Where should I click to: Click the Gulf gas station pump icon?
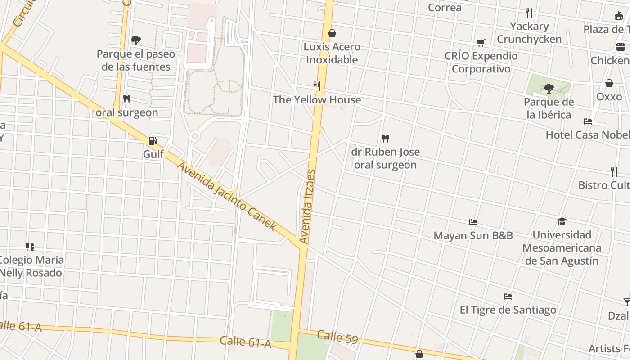153,141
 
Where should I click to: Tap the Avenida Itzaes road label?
308,207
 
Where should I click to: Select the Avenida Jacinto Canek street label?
226,196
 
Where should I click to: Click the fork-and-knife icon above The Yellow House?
317,86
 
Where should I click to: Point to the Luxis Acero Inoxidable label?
332,53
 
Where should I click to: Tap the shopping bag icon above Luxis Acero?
332,33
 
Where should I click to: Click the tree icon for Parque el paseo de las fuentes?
135,40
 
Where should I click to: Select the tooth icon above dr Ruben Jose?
385,138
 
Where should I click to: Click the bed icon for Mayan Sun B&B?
473,222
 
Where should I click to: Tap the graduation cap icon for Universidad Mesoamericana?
562,221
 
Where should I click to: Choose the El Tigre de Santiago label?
508,310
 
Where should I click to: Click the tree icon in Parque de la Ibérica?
549,88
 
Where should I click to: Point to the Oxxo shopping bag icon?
609,83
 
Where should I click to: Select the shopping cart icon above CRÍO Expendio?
481,43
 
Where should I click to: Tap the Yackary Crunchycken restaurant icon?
529,13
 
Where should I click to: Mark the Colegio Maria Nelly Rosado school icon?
30,246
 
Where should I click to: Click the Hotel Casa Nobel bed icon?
588,121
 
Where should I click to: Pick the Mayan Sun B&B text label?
473,235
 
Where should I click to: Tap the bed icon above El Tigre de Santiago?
508,296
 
